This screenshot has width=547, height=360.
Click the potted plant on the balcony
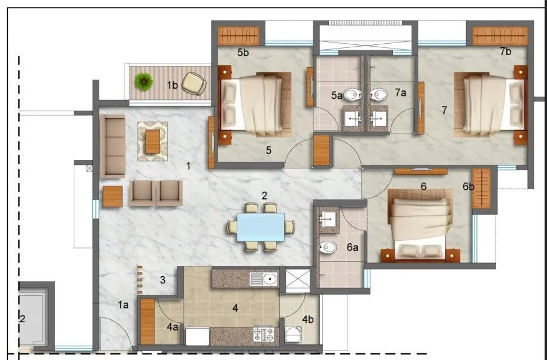click(x=144, y=81)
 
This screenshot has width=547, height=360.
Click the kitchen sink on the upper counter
click(x=263, y=278)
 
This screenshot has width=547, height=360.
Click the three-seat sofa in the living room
click(x=112, y=146)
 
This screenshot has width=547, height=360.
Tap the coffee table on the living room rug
click(x=153, y=141)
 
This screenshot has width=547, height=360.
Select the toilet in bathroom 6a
click(x=328, y=247)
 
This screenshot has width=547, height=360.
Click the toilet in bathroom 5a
click(x=354, y=94)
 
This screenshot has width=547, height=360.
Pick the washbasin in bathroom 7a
click(x=378, y=118)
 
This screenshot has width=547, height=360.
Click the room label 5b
click(x=243, y=53)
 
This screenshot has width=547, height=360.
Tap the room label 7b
click(x=506, y=52)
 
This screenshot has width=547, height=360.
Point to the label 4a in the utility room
click(x=173, y=327)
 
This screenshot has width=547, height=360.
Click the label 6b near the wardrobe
click(x=469, y=187)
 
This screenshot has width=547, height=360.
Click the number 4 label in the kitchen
click(x=235, y=308)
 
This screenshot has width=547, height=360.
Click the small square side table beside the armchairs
click(x=113, y=196)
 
